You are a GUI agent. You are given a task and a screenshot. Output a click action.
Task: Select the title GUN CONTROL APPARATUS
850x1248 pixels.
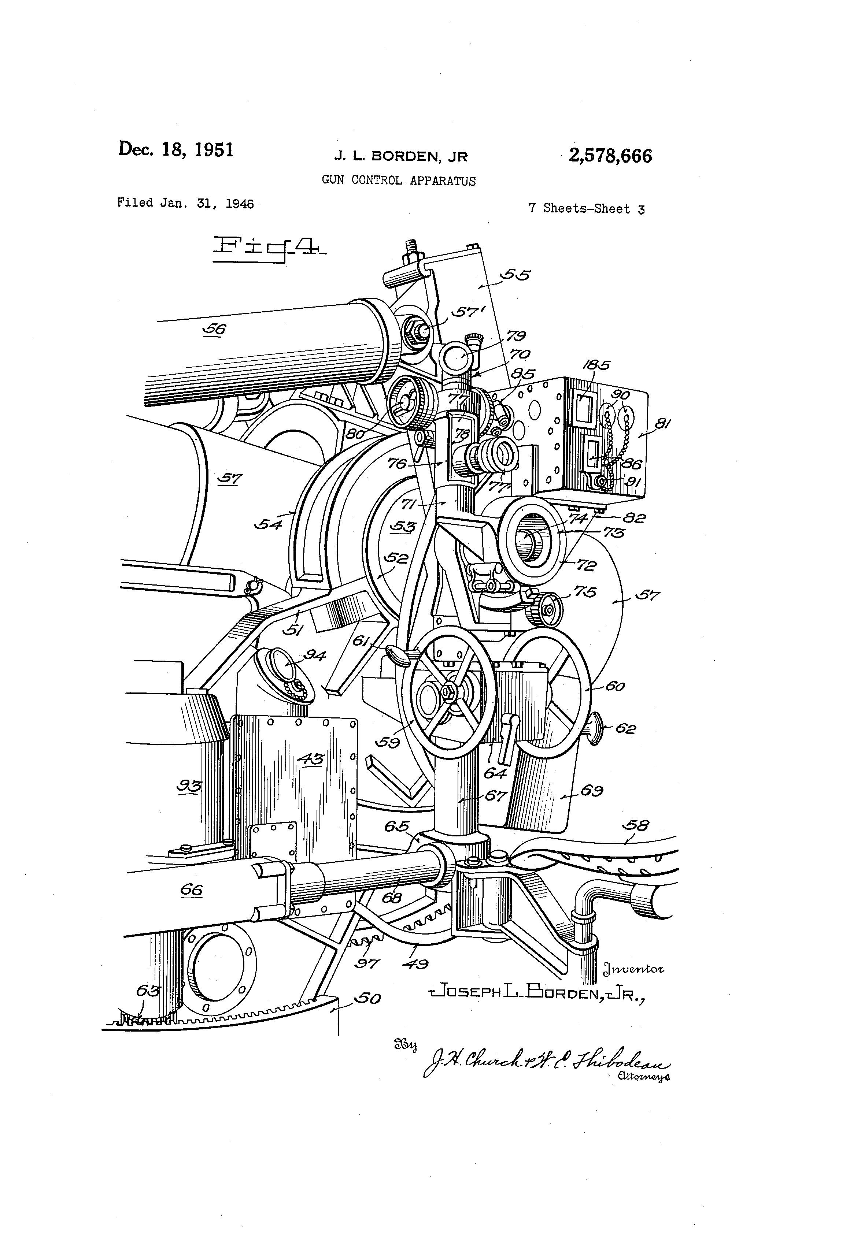pos(398,181)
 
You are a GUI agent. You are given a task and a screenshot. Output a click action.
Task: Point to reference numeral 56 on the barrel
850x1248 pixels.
pos(215,328)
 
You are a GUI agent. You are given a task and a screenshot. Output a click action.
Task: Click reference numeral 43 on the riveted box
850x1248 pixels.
pos(311,758)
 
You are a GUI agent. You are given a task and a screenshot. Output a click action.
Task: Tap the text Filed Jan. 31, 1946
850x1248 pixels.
pos(185,203)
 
